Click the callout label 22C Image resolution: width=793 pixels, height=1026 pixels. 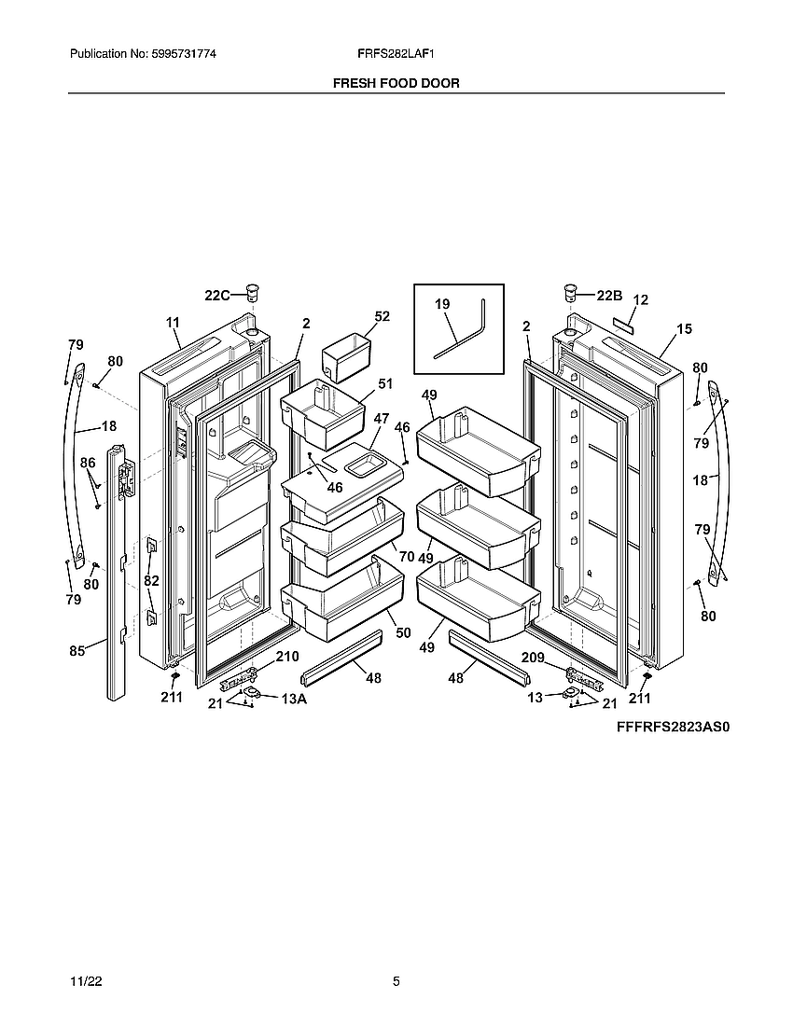pyautogui.click(x=216, y=296)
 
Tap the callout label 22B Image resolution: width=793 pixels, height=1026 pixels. pyautogui.click(x=608, y=296)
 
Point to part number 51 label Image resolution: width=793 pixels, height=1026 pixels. pyautogui.click(x=385, y=383)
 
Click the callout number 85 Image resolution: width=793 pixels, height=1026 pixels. pyautogui.click(x=77, y=651)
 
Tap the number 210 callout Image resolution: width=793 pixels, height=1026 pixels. pyautogui.click(x=286, y=657)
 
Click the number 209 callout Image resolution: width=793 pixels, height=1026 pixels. pyautogui.click(x=532, y=657)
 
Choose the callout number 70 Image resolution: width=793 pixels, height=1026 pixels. pyautogui.click(x=406, y=557)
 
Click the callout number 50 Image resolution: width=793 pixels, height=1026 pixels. pyautogui.click(x=403, y=633)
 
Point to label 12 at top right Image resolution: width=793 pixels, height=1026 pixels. pyautogui.click(x=640, y=300)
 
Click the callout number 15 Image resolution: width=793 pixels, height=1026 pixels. pyautogui.click(x=685, y=328)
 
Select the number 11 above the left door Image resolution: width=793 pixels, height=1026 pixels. pyautogui.click(x=173, y=323)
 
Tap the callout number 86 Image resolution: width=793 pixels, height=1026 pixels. pyautogui.click(x=87, y=463)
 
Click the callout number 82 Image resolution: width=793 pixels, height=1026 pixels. pyautogui.click(x=151, y=580)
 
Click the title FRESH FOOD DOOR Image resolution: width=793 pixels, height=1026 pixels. pyautogui.click(x=396, y=83)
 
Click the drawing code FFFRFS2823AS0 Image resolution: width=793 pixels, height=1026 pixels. pyautogui.click(x=672, y=727)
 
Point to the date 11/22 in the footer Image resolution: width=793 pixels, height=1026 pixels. pyautogui.click(x=83, y=982)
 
